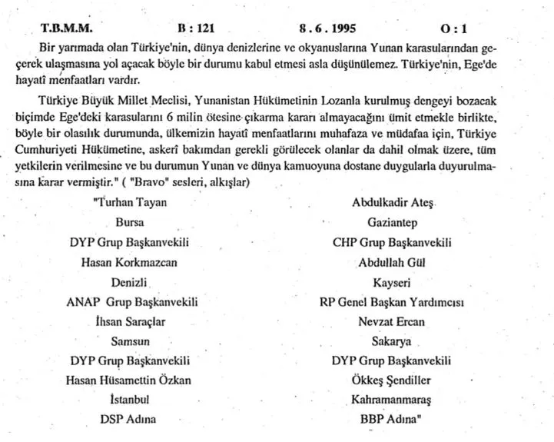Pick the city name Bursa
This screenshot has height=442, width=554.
point(128,224)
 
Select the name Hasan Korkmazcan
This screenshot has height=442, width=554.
point(128,262)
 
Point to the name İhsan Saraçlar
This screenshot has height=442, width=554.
point(128,321)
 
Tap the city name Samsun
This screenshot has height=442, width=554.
point(128,340)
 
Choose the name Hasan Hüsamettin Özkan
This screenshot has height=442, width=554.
point(128,379)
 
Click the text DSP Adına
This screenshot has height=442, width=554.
point(128,419)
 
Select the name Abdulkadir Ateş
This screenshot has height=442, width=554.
point(392,204)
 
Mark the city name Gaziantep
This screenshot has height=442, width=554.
point(392,224)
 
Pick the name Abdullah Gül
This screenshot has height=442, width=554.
point(392,262)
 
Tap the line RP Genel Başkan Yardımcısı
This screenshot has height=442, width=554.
point(392,301)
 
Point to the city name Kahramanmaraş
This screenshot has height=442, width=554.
point(392,400)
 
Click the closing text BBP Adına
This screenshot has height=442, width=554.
point(393,419)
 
